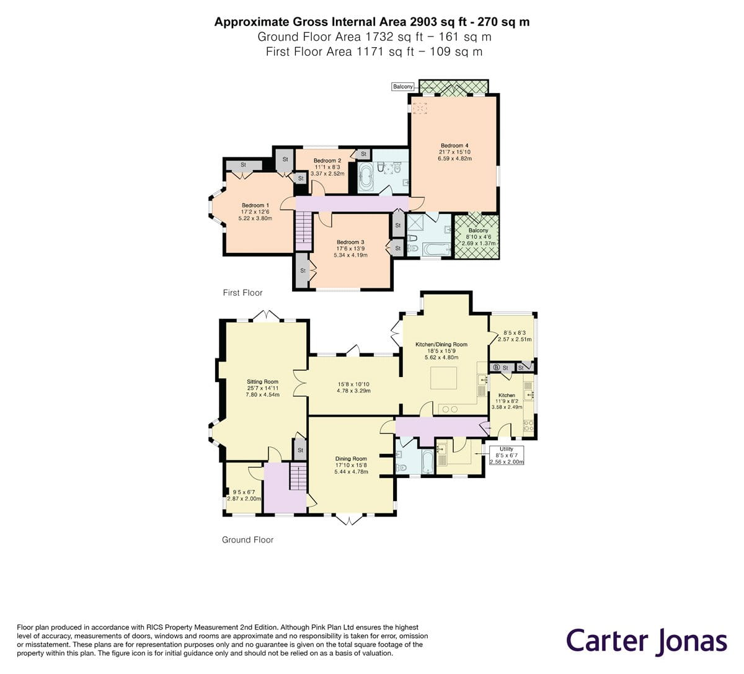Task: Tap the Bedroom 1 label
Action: pyautogui.click(x=255, y=205)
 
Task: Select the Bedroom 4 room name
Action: pyautogui.click(x=454, y=146)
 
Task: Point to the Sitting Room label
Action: pyautogui.click(x=263, y=381)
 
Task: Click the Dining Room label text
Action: pyautogui.click(x=351, y=458)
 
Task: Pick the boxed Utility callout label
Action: pyautogui.click(x=507, y=455)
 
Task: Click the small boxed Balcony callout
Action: pyautogui.click(x=403, y=86)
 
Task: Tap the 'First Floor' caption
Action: pyautogui.click(x=242, y=293)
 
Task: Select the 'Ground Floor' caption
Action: pyautogui.click(x=248, y=539)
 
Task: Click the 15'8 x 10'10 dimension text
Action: pyautogui.click(x=353, y=384)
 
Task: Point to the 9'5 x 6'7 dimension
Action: pyautogui.click(x=244, y=492)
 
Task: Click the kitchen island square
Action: pyautogui.click(x=443, y=378)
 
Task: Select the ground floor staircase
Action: pyautogui.click(x=298, y=476)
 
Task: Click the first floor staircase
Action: pyautogui.click(x=303, y=230)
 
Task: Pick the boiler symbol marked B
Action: pyautogui.click(x=497, y=368)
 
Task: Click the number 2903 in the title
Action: pyautogui.click(x=423, y=22)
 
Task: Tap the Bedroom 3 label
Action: pyautogui.click(x=350, y=242)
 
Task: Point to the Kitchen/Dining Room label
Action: pyautogui.click(x=441, y=344)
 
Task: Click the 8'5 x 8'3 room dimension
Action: pyautogui.click(x=515, y=333)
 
